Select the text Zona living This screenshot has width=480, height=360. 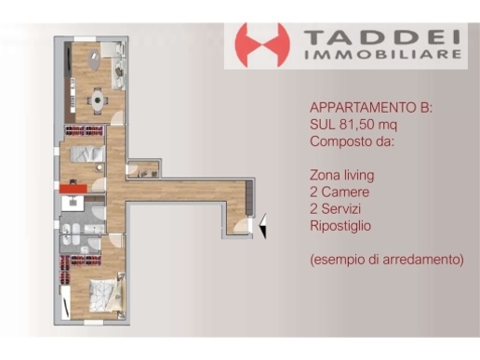click(341, 174)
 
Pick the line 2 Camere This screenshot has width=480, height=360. click(339, 191)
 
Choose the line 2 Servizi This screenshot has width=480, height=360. click(339, 207)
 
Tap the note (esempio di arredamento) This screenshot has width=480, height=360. click(386, 259)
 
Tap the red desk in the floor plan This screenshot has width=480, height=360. click(73, 192)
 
